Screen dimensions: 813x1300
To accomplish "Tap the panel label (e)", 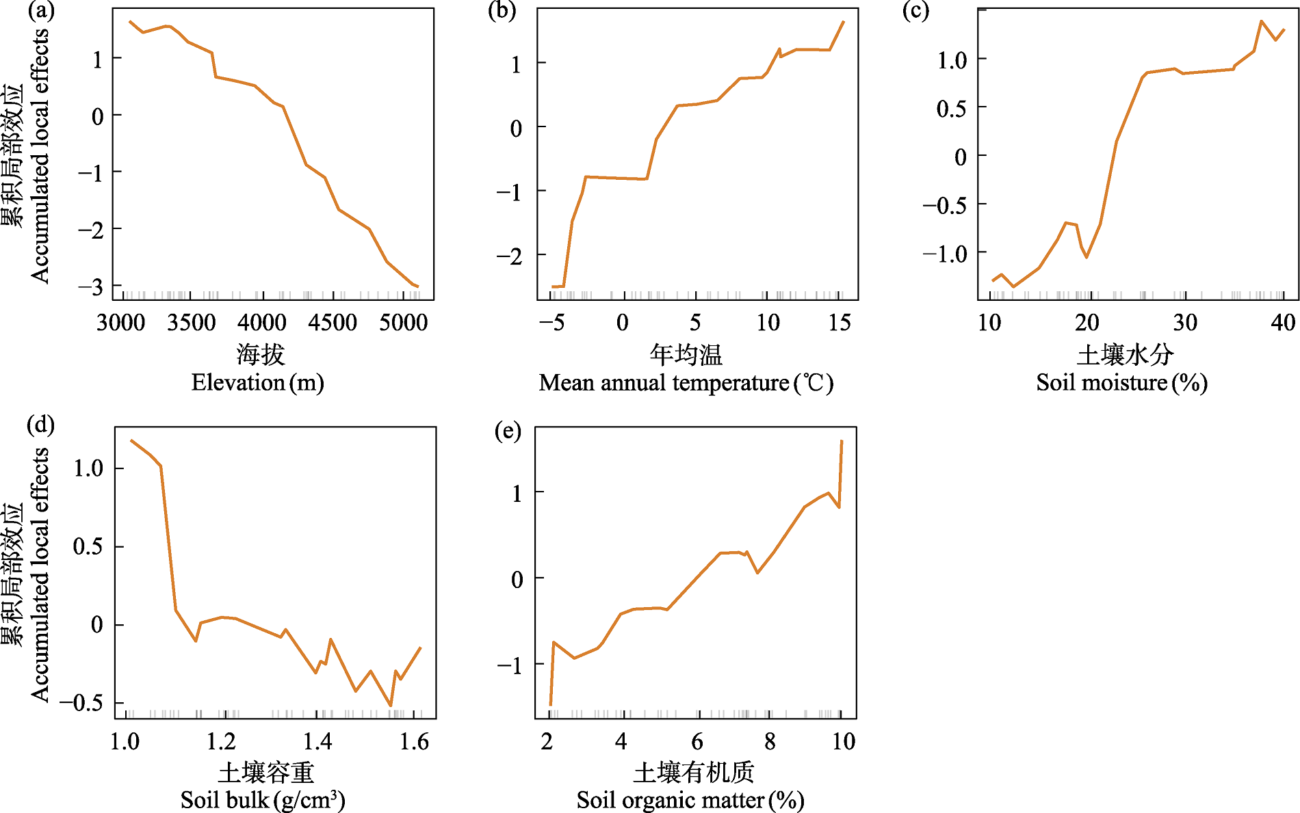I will pos(508,431).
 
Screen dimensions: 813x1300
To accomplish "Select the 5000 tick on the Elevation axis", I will pos(403,322).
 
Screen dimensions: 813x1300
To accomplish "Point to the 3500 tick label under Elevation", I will pos(191,322).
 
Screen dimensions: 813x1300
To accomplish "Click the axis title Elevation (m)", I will pos(257,382).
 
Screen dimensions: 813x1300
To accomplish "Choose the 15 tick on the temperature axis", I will pos(840,322).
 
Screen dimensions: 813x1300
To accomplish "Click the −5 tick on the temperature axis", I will pos(551,322).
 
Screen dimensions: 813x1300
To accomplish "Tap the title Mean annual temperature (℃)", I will pos(686,382).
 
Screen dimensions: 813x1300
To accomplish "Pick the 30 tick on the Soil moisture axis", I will pos(1185,322).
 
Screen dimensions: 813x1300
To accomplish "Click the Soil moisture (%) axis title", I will pos(1121,382).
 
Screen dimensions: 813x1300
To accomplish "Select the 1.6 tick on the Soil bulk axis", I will pos(415,741).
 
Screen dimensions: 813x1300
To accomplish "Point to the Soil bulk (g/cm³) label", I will pos(263,799).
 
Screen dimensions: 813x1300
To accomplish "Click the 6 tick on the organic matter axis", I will pos(697,741).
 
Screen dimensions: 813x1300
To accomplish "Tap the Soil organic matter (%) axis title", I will pos(690,799).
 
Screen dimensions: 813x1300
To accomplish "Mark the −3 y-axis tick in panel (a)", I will pos(90,286).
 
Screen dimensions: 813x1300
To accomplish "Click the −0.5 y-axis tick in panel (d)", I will pos(81,702).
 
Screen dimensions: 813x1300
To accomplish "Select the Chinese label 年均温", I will pos(686,354).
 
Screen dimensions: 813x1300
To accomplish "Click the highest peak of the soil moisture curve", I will pos(1261,21).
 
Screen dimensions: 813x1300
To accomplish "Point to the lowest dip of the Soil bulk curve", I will pos(391,706).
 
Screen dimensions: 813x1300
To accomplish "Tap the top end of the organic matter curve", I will pos(842,441).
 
